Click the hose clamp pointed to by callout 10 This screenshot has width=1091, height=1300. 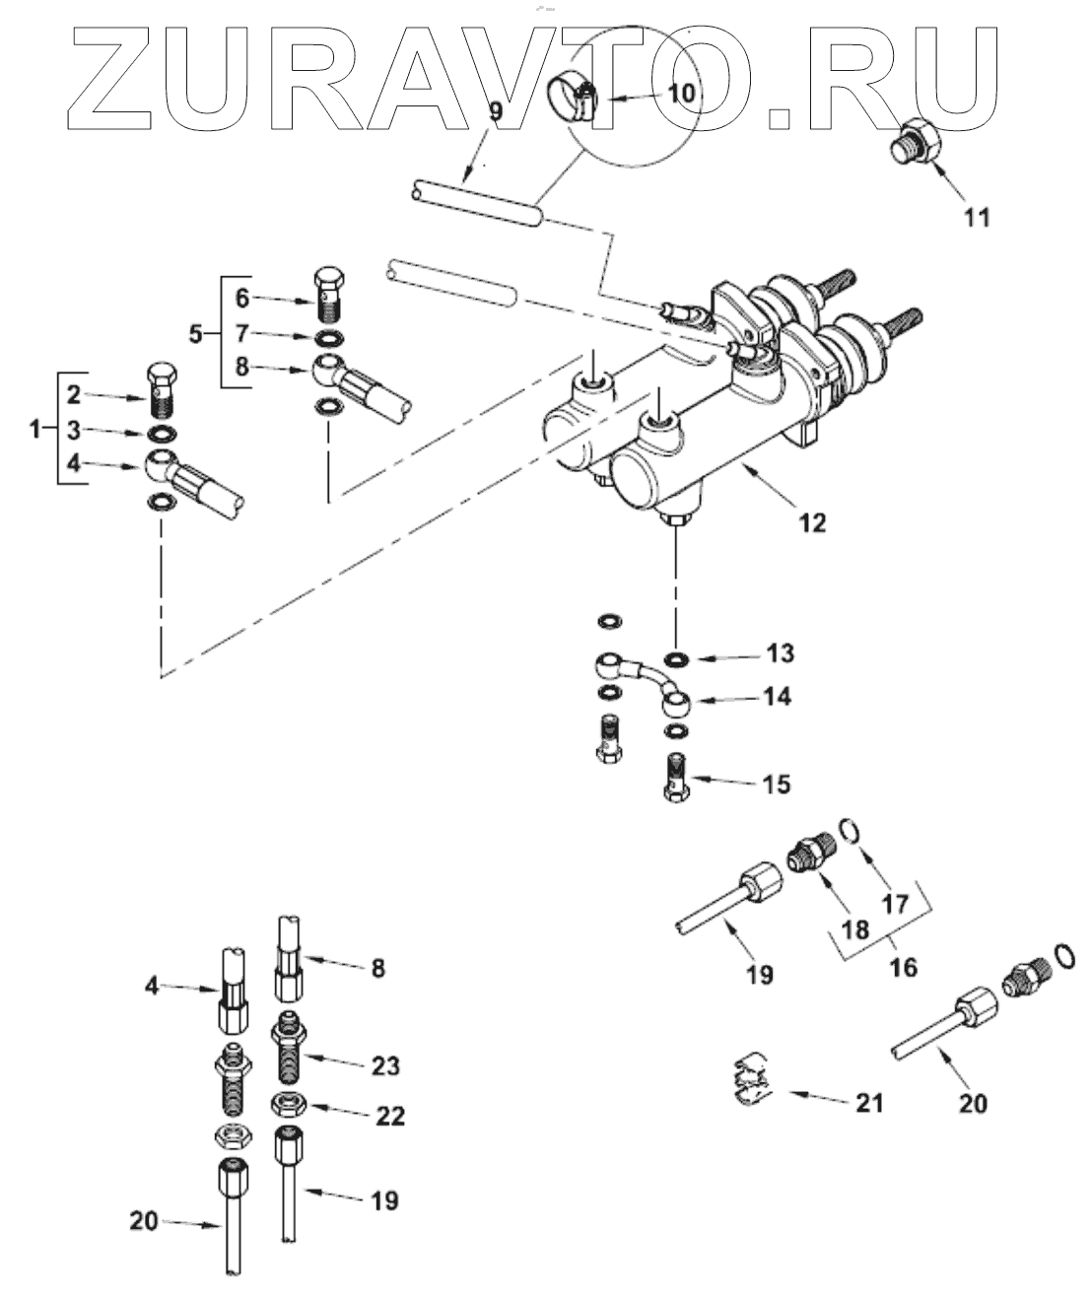(x=574, y=99)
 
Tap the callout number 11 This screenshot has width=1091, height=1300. (x=977, y=217)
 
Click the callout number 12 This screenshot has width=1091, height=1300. (x=812, y=522)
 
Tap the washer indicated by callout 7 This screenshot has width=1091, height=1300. (x=329, y=339)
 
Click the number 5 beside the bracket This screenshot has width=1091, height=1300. (x=196, y=334)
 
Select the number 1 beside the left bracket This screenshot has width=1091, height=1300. (x=35, y=429)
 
